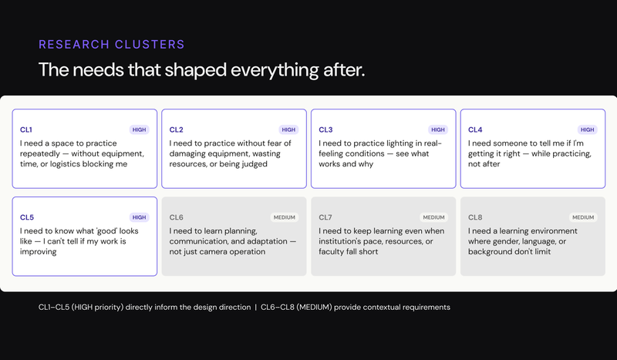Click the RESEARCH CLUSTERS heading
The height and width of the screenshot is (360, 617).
click(x=112, y=44)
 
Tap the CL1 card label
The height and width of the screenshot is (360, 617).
click(x=26, y=130)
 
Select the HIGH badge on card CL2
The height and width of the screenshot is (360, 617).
click(x=288, y=130)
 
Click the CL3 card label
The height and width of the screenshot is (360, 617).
click(x=325, y=130)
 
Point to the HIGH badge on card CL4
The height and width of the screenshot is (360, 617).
click(x=588, y=130)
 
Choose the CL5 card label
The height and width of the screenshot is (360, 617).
click(x=26, y=218)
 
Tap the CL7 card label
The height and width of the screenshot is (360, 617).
click(x=325, y=218)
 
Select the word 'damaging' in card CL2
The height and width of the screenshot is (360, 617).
click(x=192, y=153)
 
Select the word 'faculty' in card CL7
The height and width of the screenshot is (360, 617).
click(x=333, y=252)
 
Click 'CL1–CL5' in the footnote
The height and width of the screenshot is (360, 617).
click(x=57, y=308)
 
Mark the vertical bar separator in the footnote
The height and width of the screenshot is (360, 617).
click(x=255, y=308)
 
